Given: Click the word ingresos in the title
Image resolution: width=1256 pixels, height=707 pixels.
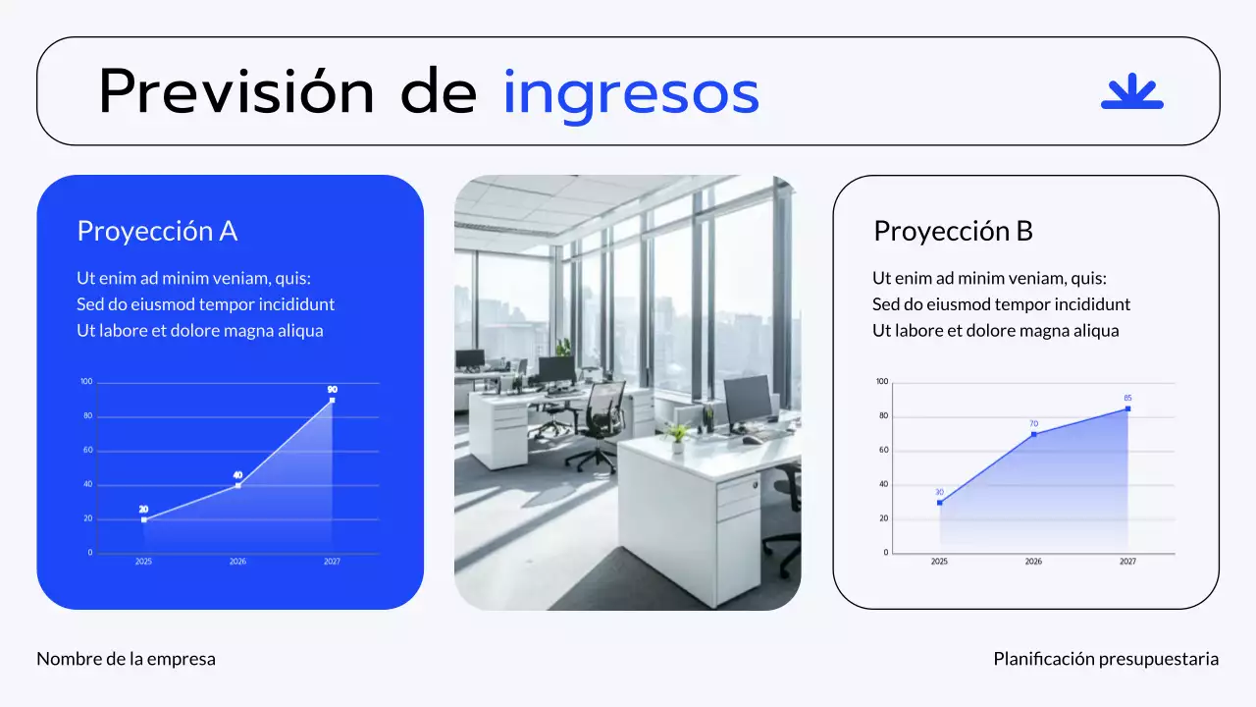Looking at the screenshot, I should [631, 93].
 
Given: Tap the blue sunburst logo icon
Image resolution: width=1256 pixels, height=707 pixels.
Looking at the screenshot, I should [1131, 91].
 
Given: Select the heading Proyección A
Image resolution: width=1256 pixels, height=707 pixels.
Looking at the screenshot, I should [157, 231].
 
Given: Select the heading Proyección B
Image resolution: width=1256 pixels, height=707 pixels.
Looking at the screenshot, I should [953, 231].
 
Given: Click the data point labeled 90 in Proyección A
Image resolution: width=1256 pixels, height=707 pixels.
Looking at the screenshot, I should [333, 400].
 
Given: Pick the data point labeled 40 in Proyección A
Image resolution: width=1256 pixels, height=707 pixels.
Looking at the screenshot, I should [237, 485].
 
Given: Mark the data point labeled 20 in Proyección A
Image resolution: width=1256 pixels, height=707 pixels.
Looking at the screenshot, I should [143, 519].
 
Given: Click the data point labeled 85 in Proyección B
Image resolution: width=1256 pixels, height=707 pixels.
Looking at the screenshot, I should [1127, 408].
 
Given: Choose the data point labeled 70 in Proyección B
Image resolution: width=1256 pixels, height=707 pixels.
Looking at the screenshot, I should [1033, 434].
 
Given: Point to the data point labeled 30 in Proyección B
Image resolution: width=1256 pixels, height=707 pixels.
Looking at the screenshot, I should [939, 503].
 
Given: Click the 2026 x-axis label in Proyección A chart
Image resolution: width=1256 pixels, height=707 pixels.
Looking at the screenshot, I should [237, 562].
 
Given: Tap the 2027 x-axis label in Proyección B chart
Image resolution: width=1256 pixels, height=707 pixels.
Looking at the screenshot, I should [1127, 562].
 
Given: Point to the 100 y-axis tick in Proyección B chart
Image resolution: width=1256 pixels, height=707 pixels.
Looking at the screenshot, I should [881, 382].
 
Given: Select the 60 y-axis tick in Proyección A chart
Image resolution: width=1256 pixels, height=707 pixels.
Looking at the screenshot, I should [87, 451].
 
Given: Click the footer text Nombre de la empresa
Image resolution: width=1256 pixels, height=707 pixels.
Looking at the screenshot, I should [126, 659].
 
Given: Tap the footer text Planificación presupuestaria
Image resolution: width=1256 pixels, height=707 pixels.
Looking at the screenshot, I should [1106, 659].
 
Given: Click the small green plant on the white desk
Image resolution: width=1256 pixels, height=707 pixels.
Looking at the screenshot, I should [676, 436].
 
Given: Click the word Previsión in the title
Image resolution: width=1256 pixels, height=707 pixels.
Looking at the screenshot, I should [236, 93].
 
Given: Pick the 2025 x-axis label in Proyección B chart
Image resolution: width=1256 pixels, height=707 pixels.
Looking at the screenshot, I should [939, 562].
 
